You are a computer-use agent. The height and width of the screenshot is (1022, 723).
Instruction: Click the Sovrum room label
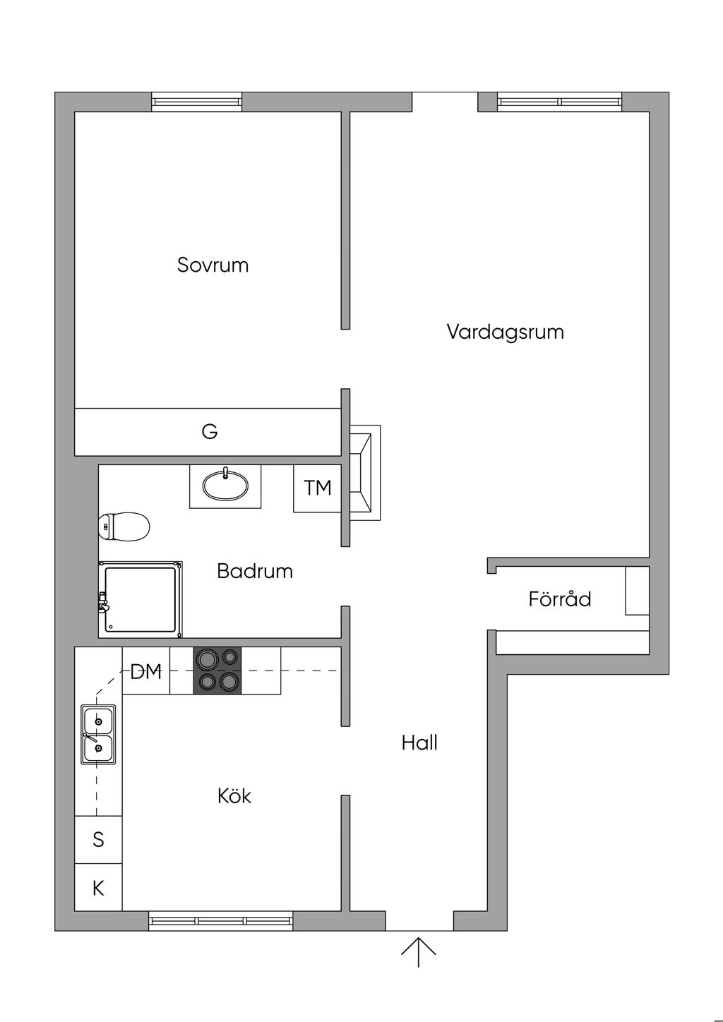213,265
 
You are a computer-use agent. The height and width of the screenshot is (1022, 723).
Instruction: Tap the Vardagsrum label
506,332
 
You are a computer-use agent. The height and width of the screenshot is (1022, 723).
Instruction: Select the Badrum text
255,571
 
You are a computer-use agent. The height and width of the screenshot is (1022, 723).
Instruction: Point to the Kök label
234,796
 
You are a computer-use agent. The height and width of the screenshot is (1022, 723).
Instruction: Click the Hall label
419,743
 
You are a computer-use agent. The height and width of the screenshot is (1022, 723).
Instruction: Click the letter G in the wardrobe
210,431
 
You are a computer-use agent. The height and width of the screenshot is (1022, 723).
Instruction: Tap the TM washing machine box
317,488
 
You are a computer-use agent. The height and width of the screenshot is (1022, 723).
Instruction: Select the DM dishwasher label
146,671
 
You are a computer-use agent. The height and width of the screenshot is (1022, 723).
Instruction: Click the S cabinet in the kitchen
98,839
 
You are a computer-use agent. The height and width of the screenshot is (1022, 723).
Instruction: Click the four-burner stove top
217,671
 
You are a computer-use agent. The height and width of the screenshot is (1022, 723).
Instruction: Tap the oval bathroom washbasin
225,486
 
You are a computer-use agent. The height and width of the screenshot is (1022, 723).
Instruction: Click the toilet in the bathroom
124,527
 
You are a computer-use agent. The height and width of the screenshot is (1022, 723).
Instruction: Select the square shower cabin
140,599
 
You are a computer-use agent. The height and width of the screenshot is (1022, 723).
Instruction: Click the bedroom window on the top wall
197,102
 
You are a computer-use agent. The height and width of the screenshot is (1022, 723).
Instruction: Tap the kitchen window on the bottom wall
221,921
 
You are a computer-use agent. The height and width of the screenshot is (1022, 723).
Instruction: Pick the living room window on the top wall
560,102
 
